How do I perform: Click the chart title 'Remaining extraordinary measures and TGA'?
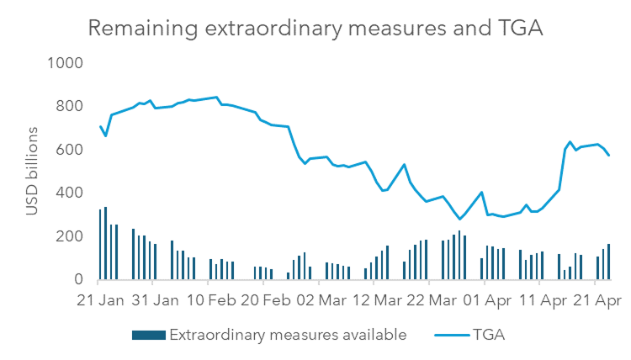(315, 28)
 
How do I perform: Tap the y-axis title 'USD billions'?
(33, 171)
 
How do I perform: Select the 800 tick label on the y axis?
(69, 106)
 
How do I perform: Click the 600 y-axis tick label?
(69, 150)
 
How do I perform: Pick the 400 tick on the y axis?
(69, 193)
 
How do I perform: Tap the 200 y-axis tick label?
(69, 236)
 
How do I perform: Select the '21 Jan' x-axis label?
(98, 300)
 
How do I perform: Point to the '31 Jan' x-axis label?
(154, 300)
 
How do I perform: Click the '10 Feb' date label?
(209, 300)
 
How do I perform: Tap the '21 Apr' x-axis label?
(595, 300)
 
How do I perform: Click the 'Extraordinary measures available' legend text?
(289, 335)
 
